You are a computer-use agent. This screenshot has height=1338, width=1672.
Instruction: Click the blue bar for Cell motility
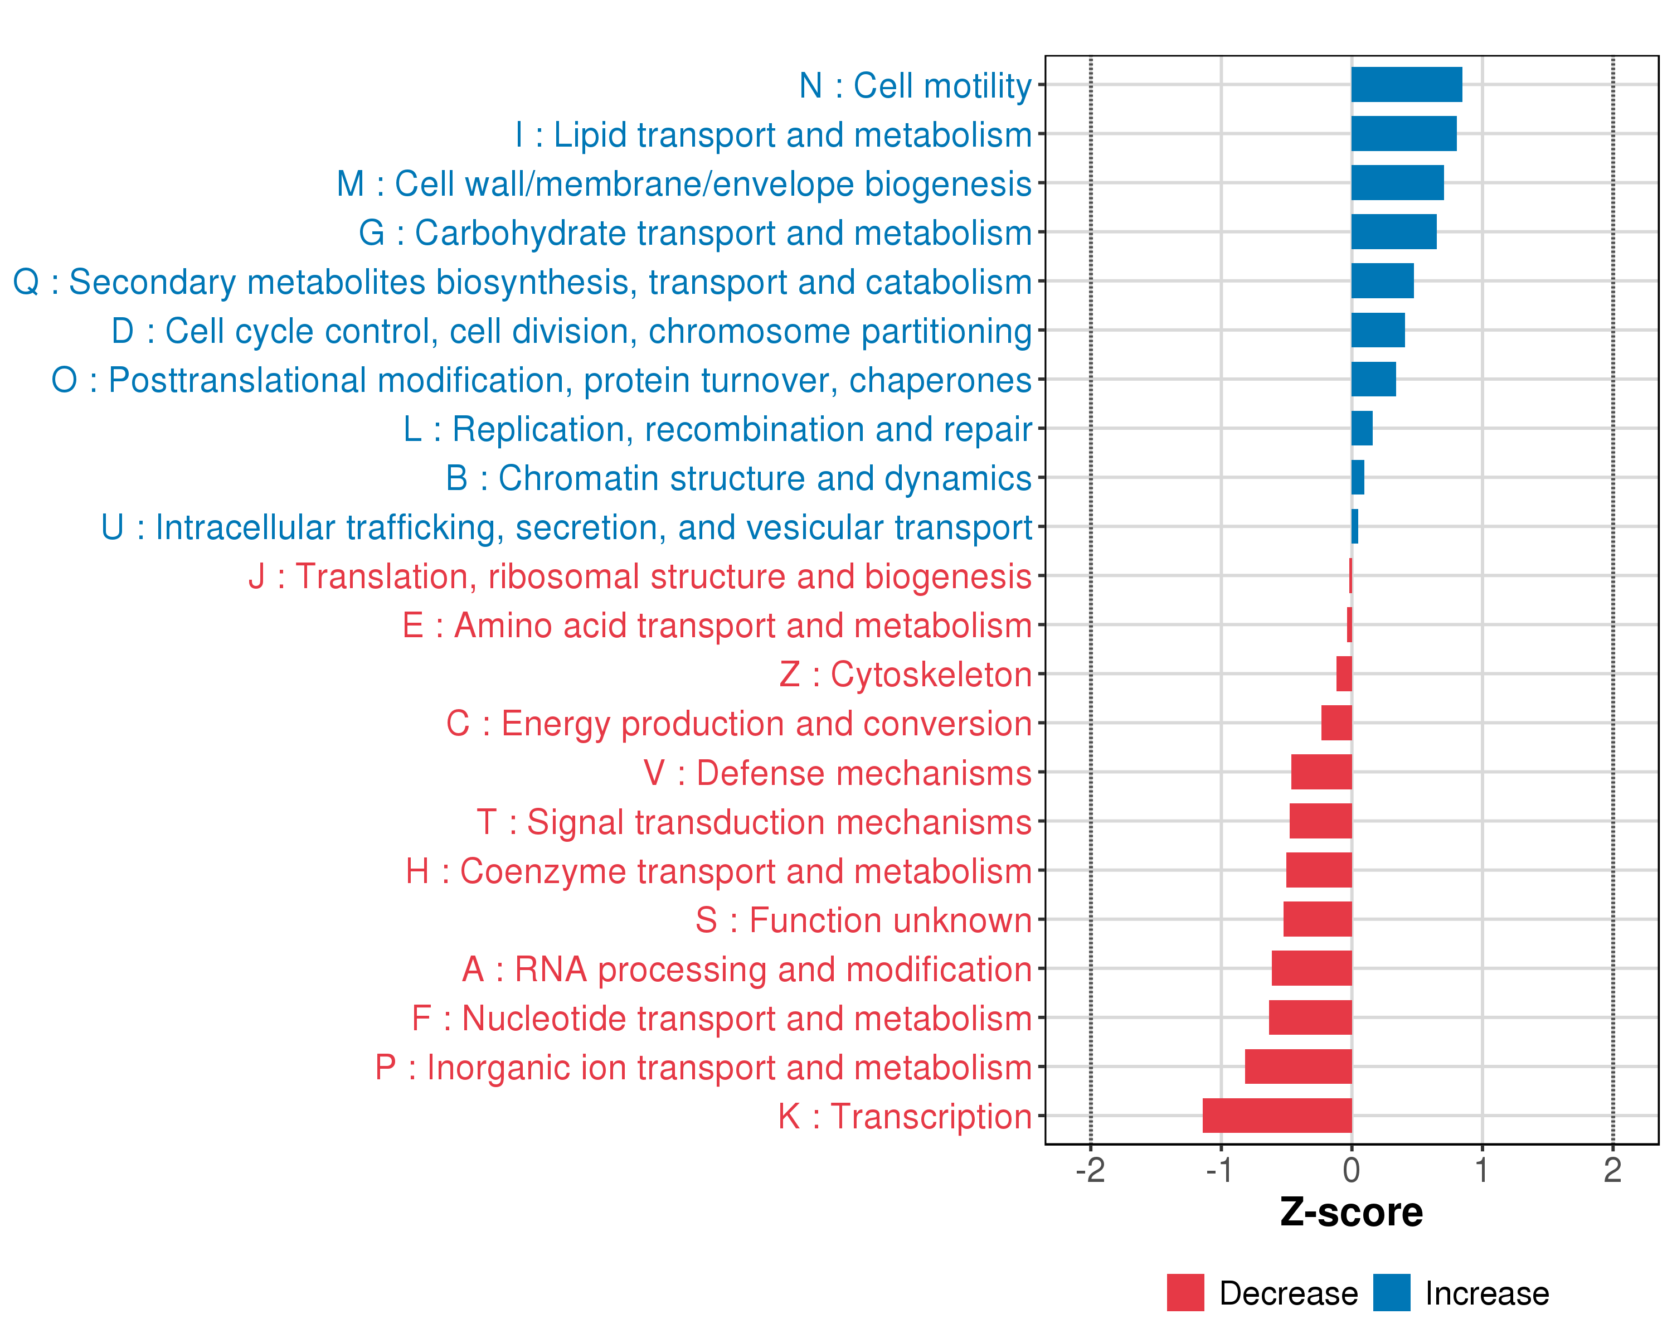click(1406, 85)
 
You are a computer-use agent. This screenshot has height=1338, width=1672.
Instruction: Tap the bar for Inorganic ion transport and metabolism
click(1297, 1066)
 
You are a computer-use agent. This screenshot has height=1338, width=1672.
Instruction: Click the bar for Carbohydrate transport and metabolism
click(1393, 232)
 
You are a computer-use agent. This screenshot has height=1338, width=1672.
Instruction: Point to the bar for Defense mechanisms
click(1321, 772)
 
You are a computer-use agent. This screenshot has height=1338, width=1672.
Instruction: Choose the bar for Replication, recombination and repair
click(1361, 428)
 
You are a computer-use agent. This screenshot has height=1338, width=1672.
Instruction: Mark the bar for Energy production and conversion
click(1335, 723)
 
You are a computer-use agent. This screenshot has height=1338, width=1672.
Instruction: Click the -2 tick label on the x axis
click(1090, 1170)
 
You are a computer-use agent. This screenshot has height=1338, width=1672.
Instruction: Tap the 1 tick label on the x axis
click(1481, 1170)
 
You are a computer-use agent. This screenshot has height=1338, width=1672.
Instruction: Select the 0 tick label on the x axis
click(1351, 1170)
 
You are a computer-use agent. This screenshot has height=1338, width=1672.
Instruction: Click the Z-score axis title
click(1351, 1213)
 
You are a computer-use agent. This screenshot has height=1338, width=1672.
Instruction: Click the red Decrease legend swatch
click(1185, 1292)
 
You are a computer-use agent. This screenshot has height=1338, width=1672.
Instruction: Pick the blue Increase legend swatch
click(1391, 1292)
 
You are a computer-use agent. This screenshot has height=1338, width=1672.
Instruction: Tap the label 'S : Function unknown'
click(863, 920)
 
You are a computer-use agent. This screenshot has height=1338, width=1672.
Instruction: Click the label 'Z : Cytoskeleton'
click(905, 674)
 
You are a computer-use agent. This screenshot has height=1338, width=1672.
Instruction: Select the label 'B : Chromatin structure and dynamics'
click(738, 478)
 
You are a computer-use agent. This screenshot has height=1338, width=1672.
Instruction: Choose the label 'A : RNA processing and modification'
click(747, 969)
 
